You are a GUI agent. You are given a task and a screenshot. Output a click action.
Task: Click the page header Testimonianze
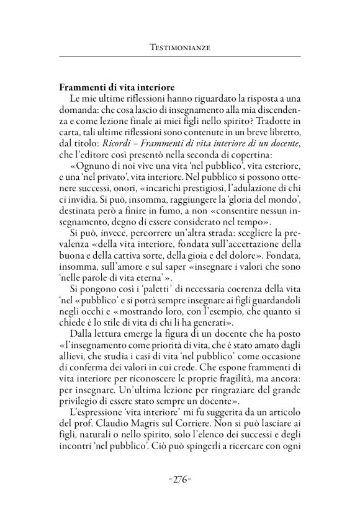point(179,47)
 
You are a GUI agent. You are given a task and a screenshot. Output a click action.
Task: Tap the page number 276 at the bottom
point(179,479)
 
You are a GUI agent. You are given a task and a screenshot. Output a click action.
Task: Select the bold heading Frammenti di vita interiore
point(119,88)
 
